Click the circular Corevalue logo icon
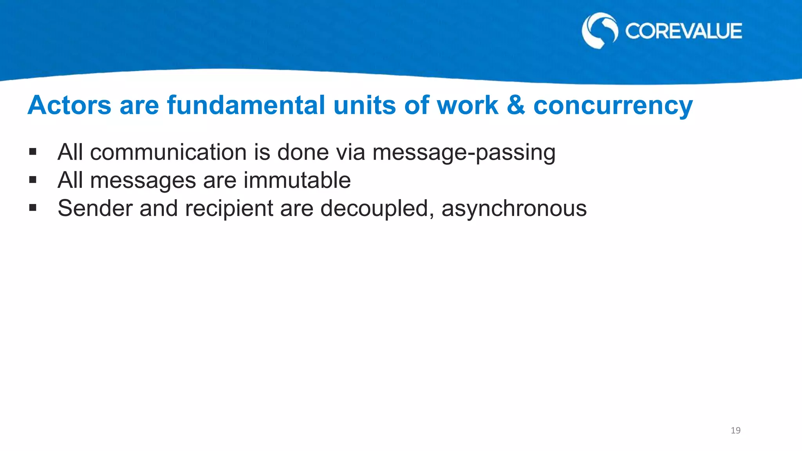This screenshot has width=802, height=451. tap(600, 31)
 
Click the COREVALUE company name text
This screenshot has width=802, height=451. tap(683, 31)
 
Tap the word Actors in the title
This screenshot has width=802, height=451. tap(69, 106)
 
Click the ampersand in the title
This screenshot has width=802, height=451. tap(515, 106)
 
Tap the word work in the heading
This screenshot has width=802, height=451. tap(467, 106)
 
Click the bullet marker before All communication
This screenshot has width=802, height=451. tap(33, 152)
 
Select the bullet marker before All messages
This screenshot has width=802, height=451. tap(33, 180)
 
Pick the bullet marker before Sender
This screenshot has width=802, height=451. tap(33, 208)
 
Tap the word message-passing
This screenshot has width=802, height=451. tap(464, 153)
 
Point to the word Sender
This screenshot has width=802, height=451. tap(95, 208)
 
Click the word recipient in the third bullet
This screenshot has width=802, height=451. tap(229, 209)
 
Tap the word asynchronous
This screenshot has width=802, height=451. tap(514, 209)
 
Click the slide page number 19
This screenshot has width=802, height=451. tap(735, 431)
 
